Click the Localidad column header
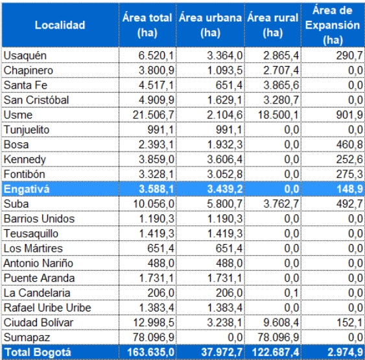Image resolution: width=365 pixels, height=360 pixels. click(60, 25)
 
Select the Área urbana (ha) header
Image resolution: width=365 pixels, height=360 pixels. click(211, 25)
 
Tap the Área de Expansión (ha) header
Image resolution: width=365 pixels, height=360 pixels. click(333, 25)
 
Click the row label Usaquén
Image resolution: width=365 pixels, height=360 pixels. click(25, 56)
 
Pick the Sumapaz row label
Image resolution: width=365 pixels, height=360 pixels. click(27, 338)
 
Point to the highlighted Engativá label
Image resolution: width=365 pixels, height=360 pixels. click(27, 189)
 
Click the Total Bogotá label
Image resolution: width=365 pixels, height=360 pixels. click(38, 352)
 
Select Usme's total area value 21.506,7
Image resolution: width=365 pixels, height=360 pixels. click(154, 115)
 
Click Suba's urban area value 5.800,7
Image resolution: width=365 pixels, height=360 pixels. click(225, 204)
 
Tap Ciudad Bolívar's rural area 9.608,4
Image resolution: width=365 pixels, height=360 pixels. click(281, 323)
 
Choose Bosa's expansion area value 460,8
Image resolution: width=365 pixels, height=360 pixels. click(349, 145)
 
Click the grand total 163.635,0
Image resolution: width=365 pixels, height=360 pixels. click(151, 352)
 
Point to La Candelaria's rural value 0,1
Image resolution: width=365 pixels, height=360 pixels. click(292, 293)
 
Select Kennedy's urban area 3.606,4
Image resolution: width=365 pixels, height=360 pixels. click(225, 160)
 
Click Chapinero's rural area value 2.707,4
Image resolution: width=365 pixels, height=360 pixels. click(281, 71)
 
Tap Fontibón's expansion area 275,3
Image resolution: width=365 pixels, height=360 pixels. click(349, 174)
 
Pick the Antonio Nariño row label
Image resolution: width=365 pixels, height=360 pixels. click(38, 264)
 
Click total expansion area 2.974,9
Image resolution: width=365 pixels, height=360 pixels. click(345, 352)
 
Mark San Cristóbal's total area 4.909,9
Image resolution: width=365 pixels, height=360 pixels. click(156, 100)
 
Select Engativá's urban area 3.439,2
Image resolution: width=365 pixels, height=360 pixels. click(225, 189)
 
